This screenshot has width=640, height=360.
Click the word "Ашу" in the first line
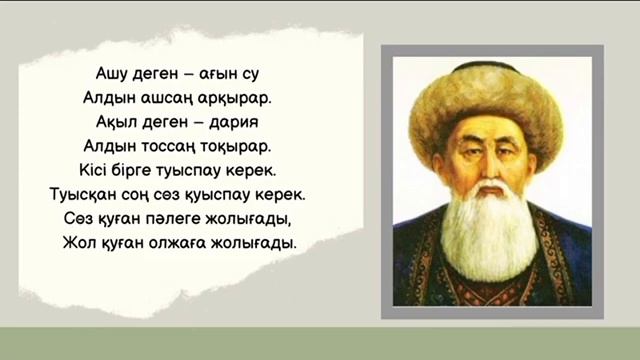tap(113, 73)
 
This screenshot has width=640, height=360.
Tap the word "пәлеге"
tap(160, 217)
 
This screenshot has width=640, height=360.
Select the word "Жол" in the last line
tap(79, 241)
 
